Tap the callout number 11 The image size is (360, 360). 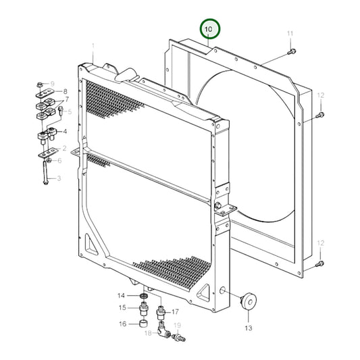coord(290,33)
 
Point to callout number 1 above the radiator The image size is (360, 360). coord(93,45)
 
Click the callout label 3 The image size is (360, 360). coord(59,178)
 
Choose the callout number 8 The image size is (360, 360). coord(65,91)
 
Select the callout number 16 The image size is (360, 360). coord(122,324)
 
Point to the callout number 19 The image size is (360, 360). coord(178,326)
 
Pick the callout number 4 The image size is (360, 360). coord(65,132)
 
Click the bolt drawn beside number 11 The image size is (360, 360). coord(290,51)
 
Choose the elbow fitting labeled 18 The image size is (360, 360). coord(162,330)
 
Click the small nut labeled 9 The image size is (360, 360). coord(40,84)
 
